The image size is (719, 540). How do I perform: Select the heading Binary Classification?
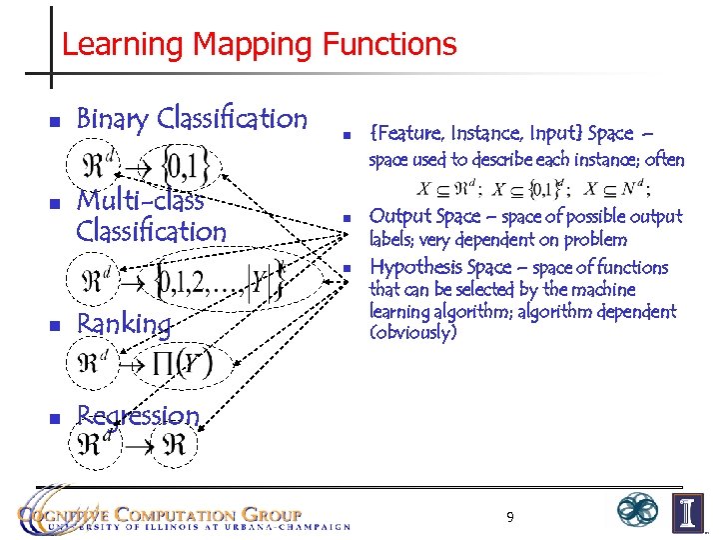[x=192, y=119]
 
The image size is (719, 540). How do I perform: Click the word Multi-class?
[x=140, y=200]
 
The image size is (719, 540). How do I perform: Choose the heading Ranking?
[x=124, y=324]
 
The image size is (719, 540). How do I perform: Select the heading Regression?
[x=138, y=414]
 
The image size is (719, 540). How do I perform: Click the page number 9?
[x=509, y=517]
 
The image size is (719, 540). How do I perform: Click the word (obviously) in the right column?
[x=412, y=333]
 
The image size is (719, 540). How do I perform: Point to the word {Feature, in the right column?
[x=406, y=133]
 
